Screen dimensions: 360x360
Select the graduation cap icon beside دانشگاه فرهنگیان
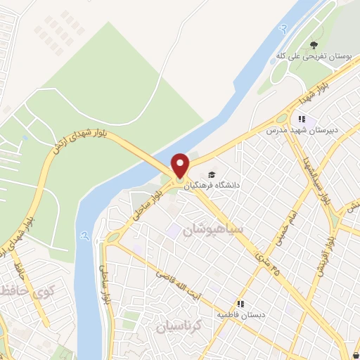coord(212,175)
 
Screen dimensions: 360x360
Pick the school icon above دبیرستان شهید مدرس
coord(302,120)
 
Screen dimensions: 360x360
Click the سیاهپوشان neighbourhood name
coord(212,230)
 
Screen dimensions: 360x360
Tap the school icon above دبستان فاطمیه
coord(240,304)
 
